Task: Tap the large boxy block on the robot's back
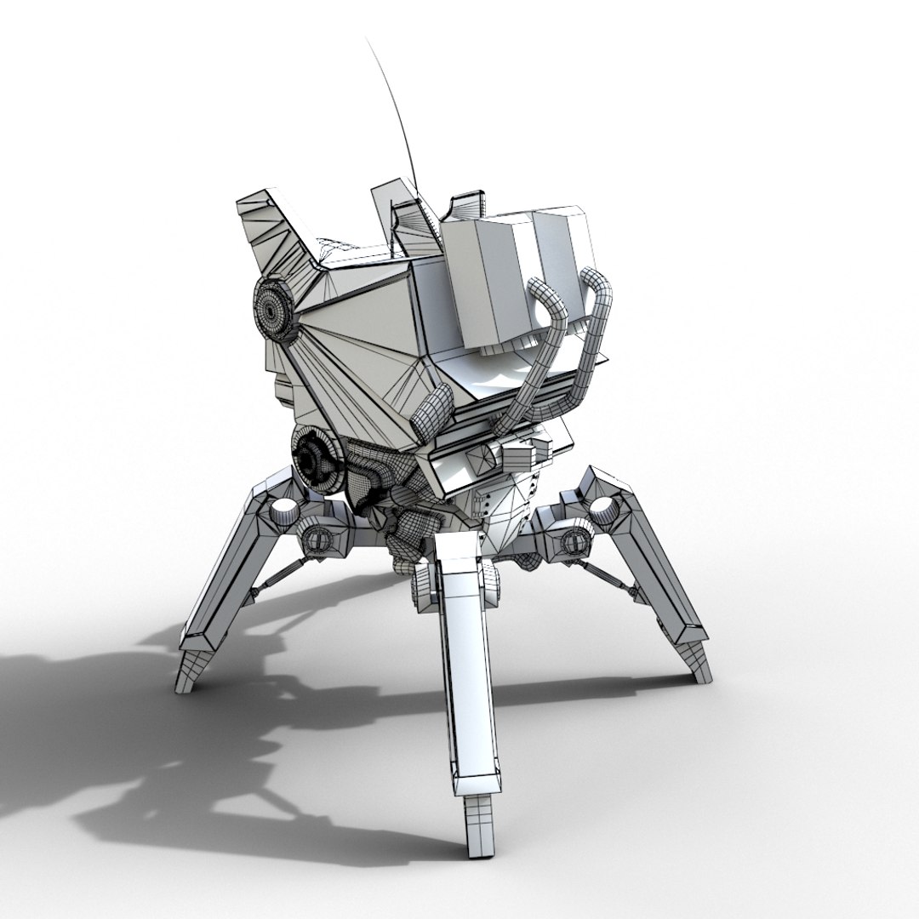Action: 511,272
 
